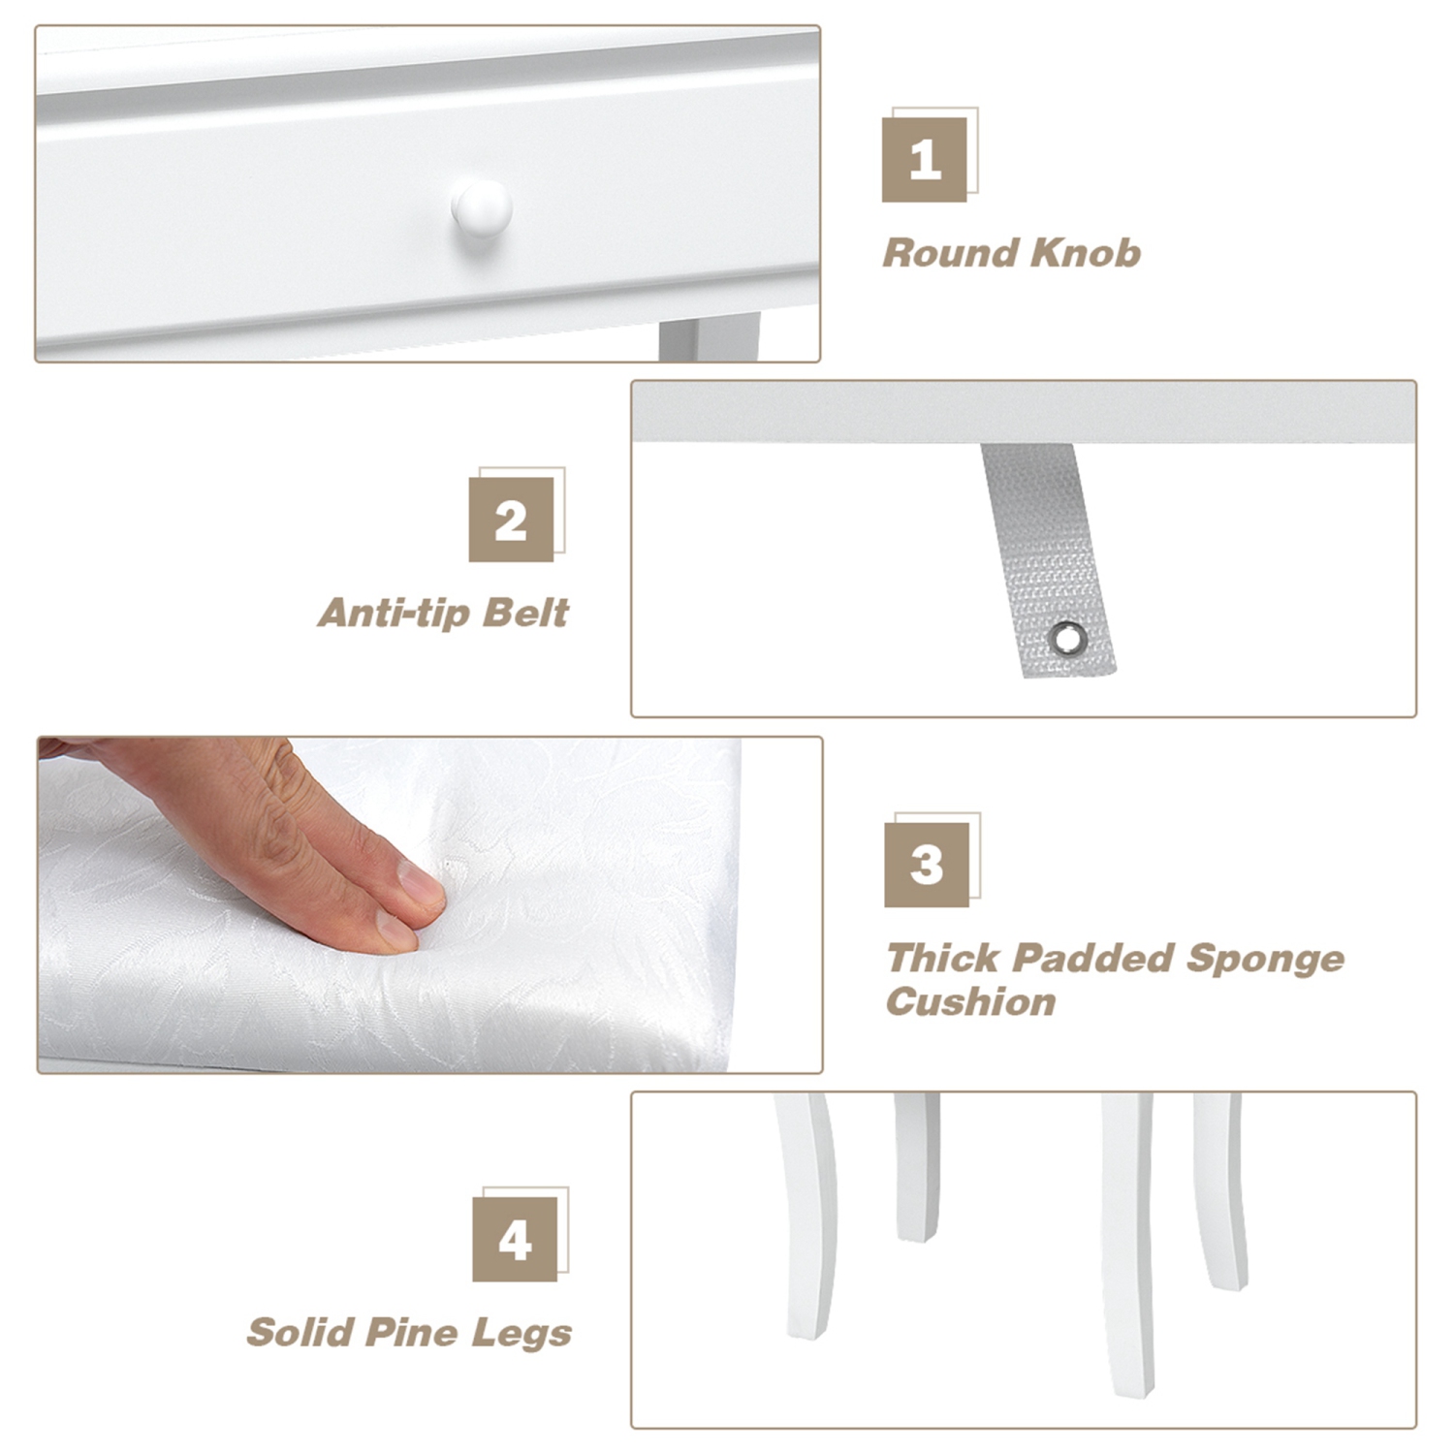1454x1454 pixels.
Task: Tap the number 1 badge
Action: pos(924,160)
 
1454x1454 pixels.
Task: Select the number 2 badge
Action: pos(511,520)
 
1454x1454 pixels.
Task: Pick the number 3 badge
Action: pos(927,865)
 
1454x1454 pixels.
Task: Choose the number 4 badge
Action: pos(515,1239)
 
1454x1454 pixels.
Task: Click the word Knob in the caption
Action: pos(1086,253)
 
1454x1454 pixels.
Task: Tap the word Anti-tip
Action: pos(395,613)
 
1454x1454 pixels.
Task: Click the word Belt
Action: pos(526,613)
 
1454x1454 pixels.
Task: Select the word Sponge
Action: pos(1265,960)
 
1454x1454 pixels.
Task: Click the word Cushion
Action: pos(971,1001)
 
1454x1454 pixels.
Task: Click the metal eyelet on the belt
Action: pos(1068,638)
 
